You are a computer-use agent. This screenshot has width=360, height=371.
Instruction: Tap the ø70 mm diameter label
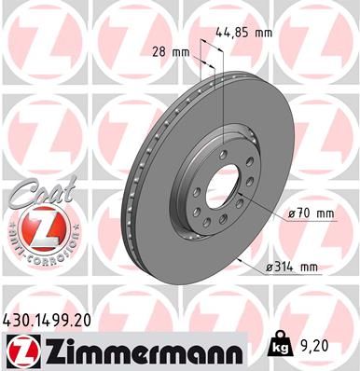[312, 213]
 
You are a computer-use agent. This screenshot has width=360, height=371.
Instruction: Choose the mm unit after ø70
[325, 213]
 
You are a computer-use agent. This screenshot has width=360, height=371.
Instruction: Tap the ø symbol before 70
[293, 213]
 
